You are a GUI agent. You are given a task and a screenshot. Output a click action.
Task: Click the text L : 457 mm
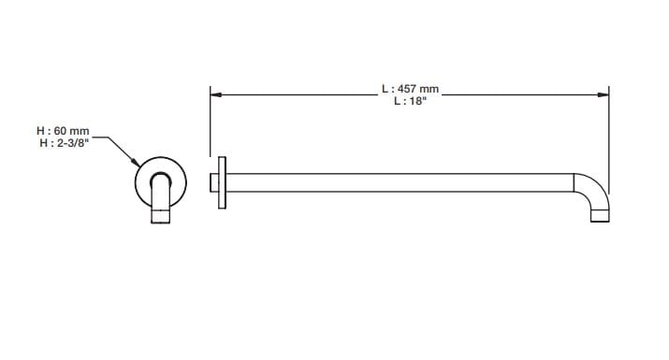[410, 89]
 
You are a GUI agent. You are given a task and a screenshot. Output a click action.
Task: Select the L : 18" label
[410, 101]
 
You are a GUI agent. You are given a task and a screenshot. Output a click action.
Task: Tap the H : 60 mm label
[63, 131]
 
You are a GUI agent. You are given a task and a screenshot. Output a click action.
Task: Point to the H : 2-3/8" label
[64, 143]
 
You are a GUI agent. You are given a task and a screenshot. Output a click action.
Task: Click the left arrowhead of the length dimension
[215, 94]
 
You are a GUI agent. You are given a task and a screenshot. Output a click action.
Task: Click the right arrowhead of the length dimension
[604, 94]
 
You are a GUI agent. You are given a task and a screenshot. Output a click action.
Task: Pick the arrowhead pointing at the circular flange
[136, 163]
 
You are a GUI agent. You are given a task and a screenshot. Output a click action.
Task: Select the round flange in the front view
[160, 159]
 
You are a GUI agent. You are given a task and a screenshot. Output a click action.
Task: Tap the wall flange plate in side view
[222, 182]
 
